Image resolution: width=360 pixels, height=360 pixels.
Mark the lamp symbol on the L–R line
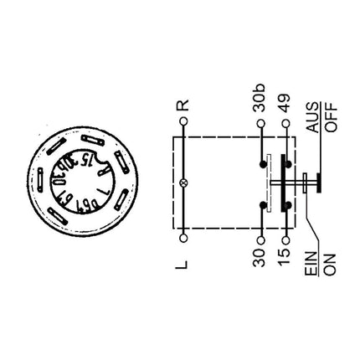tap(184, 181)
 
